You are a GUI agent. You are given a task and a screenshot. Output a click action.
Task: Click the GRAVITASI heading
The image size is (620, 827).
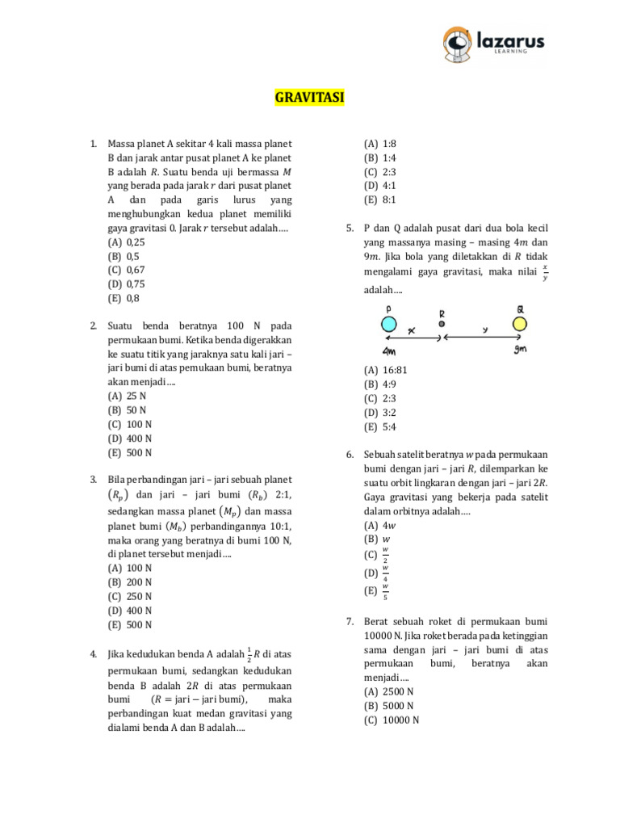pyautogui.click(x=309, y=98)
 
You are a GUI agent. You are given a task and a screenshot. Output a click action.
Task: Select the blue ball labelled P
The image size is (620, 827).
pyautogui.click(x=388, y=324)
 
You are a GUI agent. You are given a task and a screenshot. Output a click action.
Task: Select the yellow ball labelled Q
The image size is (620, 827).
pyautogui.click(x=519, y=324)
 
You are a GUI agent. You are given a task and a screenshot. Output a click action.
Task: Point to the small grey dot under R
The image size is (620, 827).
pyautogui.click(x=442, y=324)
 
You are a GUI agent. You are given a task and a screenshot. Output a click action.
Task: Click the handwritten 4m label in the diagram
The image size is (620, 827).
pyautogui.click(x=389, y=351)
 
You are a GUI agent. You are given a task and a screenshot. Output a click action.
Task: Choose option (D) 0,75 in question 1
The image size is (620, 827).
pyautogui.click(x=126, y=283)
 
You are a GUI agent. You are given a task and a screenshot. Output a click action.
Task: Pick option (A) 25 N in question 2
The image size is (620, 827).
pyautogui.click(x=126, y=396)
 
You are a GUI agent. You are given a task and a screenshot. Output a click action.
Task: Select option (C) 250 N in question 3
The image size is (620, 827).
pyautogui.click(x=129, y=596)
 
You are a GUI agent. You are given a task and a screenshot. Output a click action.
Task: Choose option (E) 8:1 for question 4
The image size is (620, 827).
pyautogui.click(x=380, y=199)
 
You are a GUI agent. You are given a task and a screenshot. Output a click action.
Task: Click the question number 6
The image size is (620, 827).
pyautogui.click(x=350, y=455)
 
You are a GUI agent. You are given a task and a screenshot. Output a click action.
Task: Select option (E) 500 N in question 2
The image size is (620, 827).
pyautogui.click(x=129, y=452)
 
